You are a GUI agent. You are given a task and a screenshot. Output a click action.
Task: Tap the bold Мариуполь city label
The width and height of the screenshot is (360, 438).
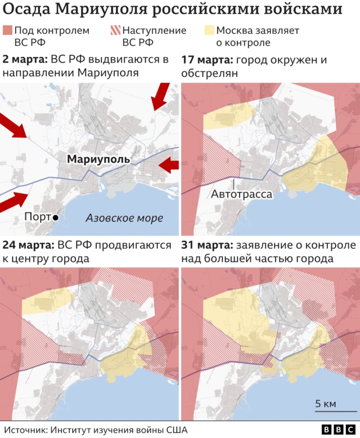coord(98,159)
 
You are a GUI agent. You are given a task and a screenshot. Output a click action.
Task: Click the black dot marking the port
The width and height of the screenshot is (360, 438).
coord(55,217)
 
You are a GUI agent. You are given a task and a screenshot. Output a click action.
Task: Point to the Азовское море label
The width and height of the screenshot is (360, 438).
coord(124,218)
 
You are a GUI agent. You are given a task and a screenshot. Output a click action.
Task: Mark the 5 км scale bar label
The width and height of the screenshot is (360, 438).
coord(326,404)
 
